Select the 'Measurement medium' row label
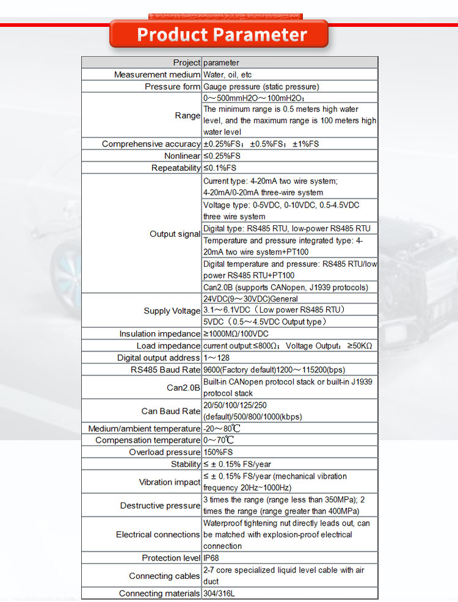[157, 74]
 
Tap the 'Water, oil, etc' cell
[228, 74]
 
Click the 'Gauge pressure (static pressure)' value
[261, 87]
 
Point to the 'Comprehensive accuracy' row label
[151, 144]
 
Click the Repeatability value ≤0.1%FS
[220, 168]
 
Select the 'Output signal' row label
[175, 234]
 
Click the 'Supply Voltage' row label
[172, 311]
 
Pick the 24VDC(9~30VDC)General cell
[250, 299]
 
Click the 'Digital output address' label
[158, 358]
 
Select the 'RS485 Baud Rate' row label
[165, 369]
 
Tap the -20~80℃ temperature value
[218, 429]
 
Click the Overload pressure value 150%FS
[218, 452]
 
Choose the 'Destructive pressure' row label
[160, 506]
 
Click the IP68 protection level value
[211, 558]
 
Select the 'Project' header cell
[186, 62]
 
